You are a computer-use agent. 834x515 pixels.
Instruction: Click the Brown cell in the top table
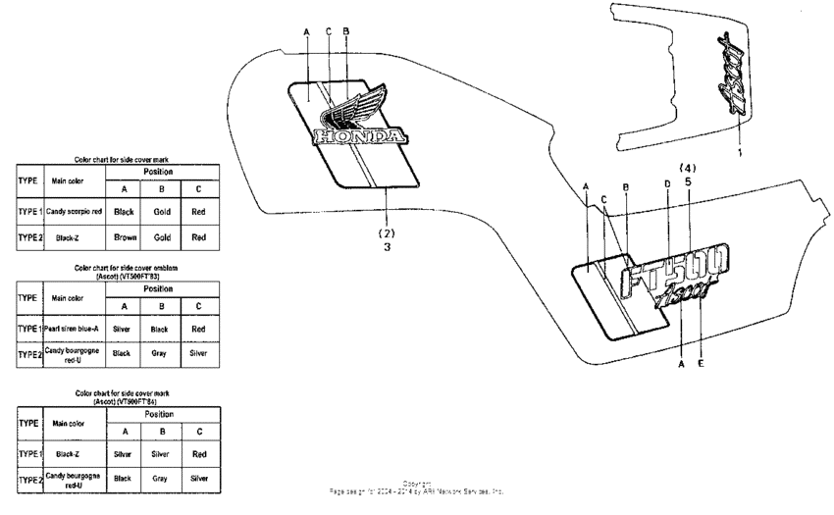point(125,237)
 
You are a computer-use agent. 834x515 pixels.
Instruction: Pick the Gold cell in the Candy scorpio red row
point(162,211)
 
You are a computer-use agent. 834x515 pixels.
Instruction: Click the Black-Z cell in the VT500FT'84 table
point(68,455)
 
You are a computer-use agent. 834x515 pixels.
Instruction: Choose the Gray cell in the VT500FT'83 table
point(162,352)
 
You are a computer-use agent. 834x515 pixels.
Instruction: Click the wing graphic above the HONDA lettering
point(348,106)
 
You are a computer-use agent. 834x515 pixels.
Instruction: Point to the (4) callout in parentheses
point(687,167)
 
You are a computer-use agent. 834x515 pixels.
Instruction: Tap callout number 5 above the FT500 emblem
point(687,181)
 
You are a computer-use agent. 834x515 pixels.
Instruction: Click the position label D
point(667,184)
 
